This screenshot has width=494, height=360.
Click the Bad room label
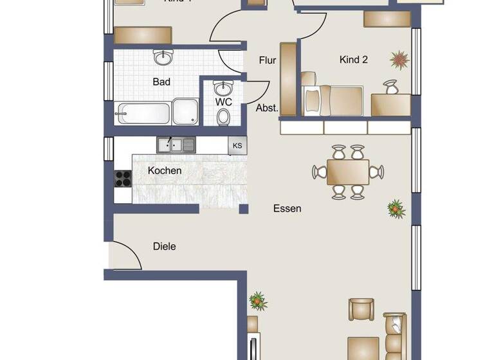[161, 82]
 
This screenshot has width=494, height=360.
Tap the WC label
[223, 102]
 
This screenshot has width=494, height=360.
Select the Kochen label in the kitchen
[165, 170]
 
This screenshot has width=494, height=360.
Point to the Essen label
[287, 208]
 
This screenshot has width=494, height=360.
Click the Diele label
[165, 246]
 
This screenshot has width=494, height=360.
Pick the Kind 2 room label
[353, 60]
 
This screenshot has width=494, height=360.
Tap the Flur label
[268, 60]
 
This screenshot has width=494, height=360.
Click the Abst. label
[268, 108]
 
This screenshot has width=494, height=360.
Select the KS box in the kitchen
[237, 146]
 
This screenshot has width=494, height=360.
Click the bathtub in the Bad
[143, 113]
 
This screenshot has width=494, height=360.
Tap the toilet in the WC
[223, 116]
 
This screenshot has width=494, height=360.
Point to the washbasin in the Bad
[163, 58]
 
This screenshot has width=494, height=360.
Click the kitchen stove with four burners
[123, 178]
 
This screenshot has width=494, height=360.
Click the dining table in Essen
[347, 172]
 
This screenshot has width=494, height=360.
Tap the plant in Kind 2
[399, 60]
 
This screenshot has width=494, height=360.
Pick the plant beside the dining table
[396, 208]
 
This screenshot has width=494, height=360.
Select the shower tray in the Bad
[186, 111]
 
